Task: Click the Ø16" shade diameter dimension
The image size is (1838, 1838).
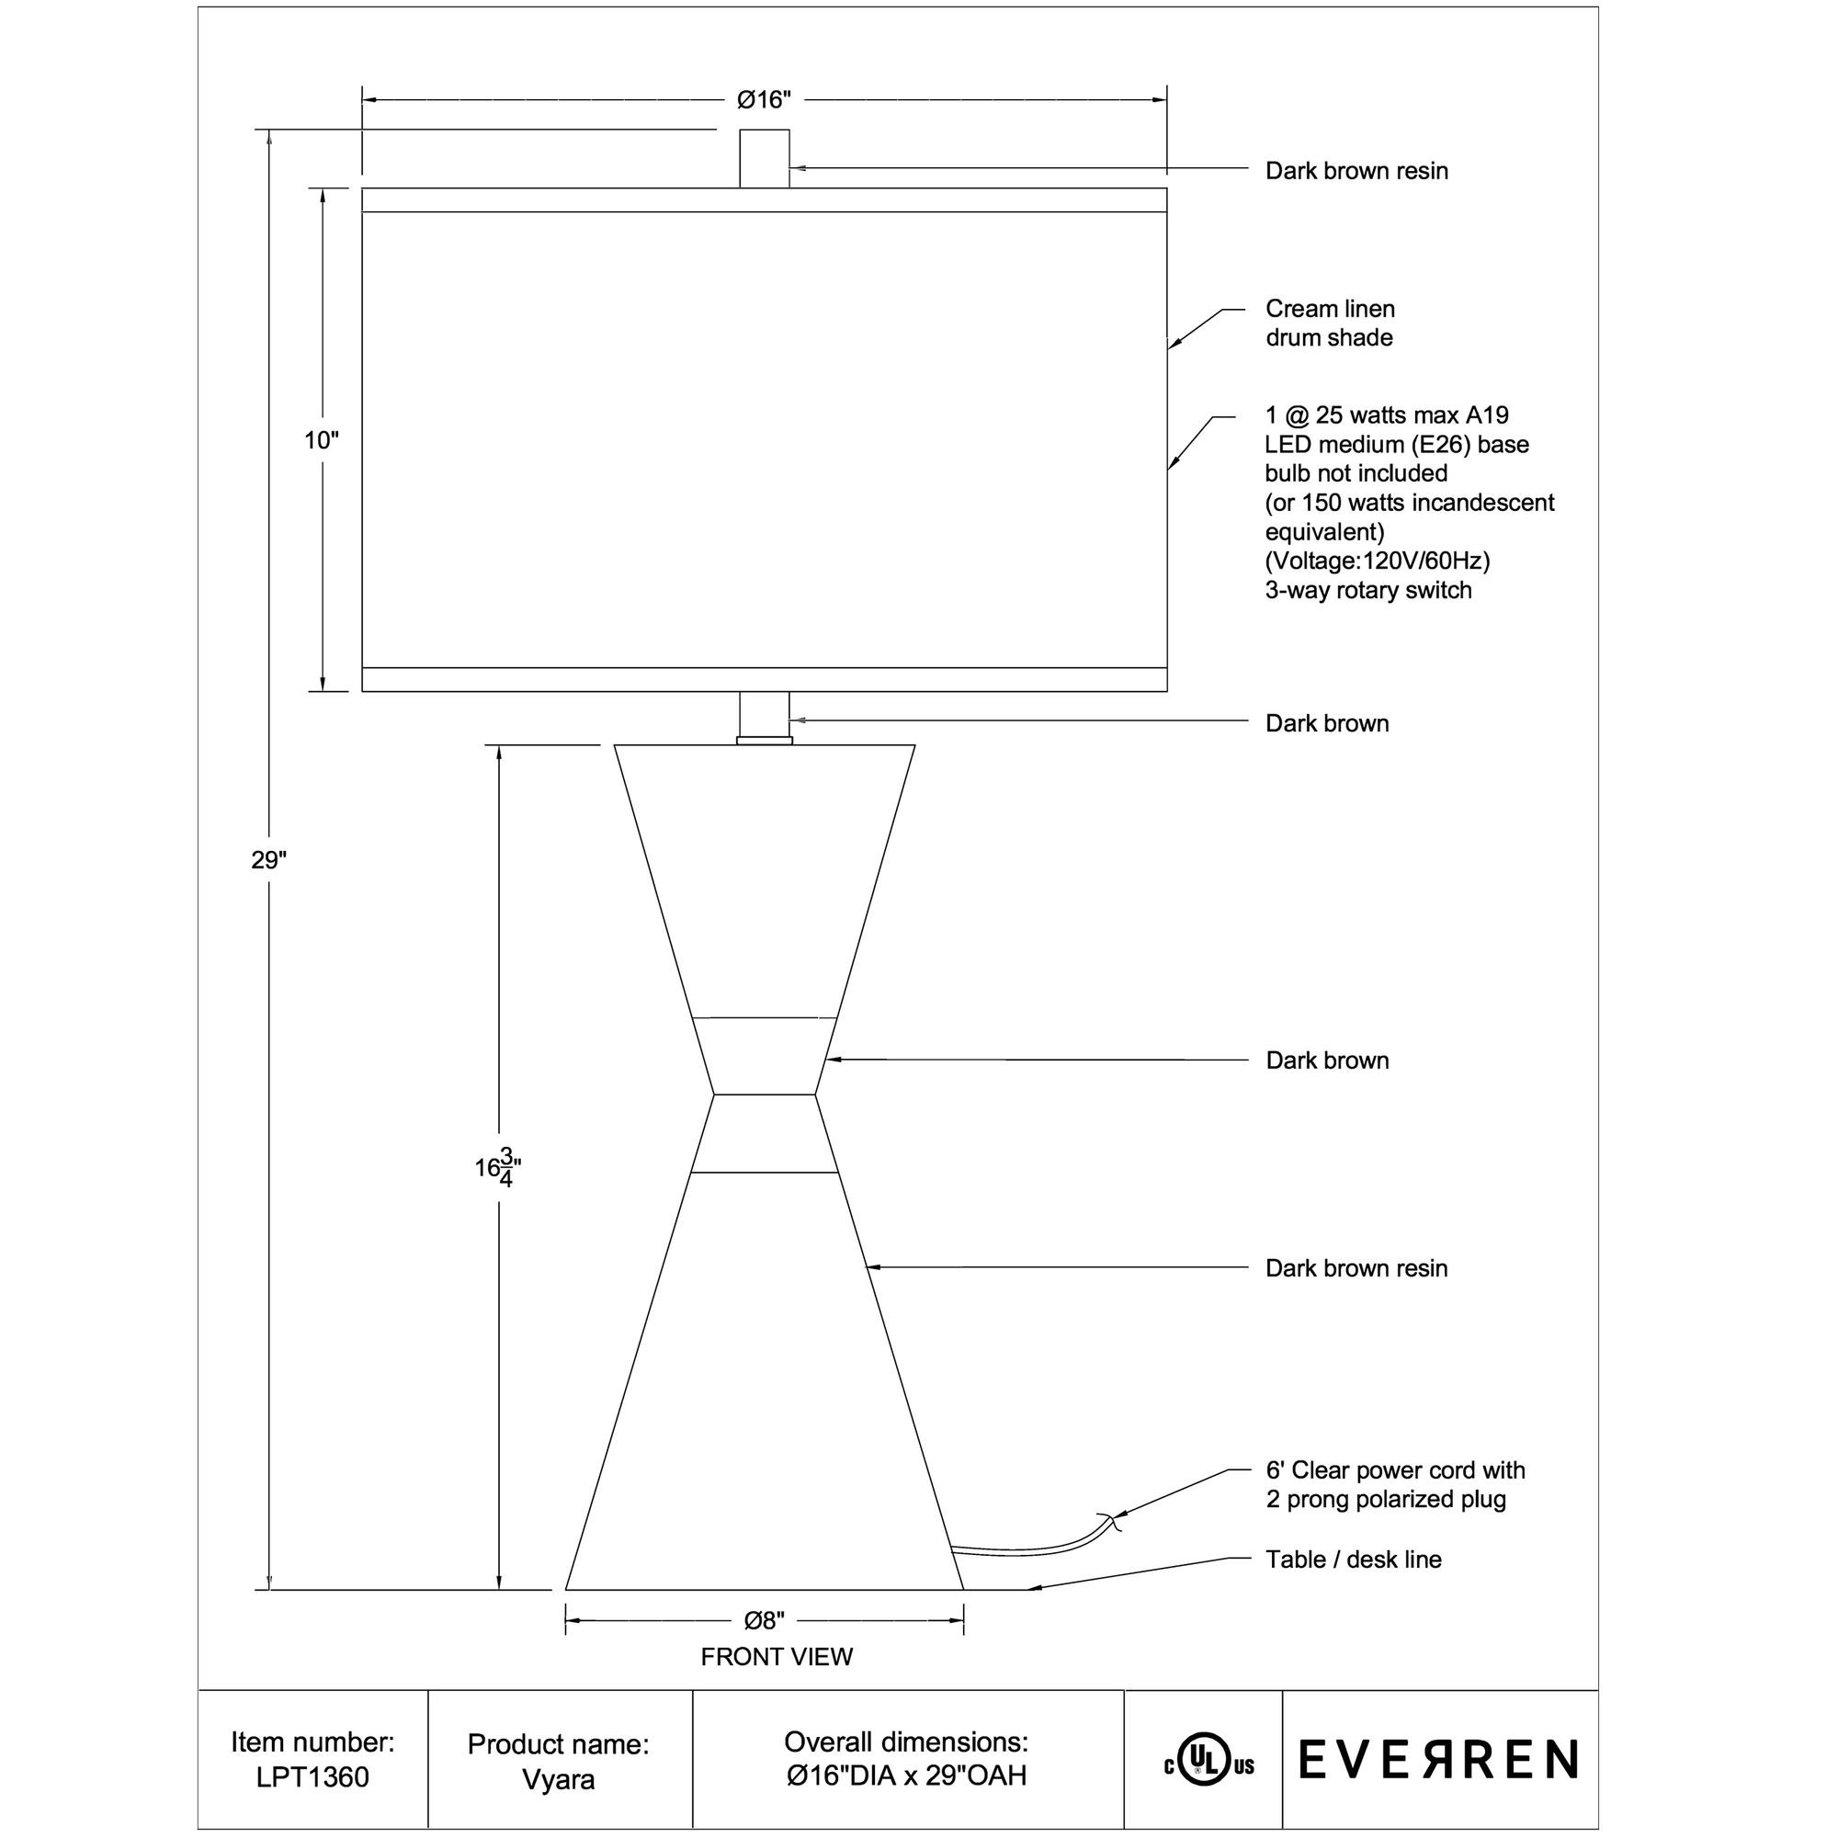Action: tap(764, 100)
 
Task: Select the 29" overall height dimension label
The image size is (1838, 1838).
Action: tap(268, 860)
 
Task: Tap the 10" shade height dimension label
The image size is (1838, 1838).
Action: tap(322, 440)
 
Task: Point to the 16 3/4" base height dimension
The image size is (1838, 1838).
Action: tap(497, 1167)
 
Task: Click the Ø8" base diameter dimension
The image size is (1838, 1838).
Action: tap(764, 1619)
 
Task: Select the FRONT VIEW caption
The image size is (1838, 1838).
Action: tap(777, 1656)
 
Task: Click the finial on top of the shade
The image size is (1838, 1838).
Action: tap(764, 159)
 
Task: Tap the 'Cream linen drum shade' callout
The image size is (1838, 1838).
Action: tap(1329, 323)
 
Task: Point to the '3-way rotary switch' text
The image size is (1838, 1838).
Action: tap(1368, 590)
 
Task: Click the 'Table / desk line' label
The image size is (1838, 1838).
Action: tap(1353, 1560)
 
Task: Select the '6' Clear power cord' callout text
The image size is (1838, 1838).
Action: tap(1395, 1469)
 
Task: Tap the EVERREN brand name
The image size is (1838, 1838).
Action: tap(1438, 1759)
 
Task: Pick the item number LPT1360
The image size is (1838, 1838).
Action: tap(312, 1776)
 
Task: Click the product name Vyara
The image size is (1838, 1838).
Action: tap(559, 1779)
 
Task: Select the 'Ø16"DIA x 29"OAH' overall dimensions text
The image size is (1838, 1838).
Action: tap(907, 1776)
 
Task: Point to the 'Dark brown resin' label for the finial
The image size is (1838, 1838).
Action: tap(1356, 171)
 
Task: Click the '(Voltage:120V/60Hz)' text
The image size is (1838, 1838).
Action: tap(1377, 561)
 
